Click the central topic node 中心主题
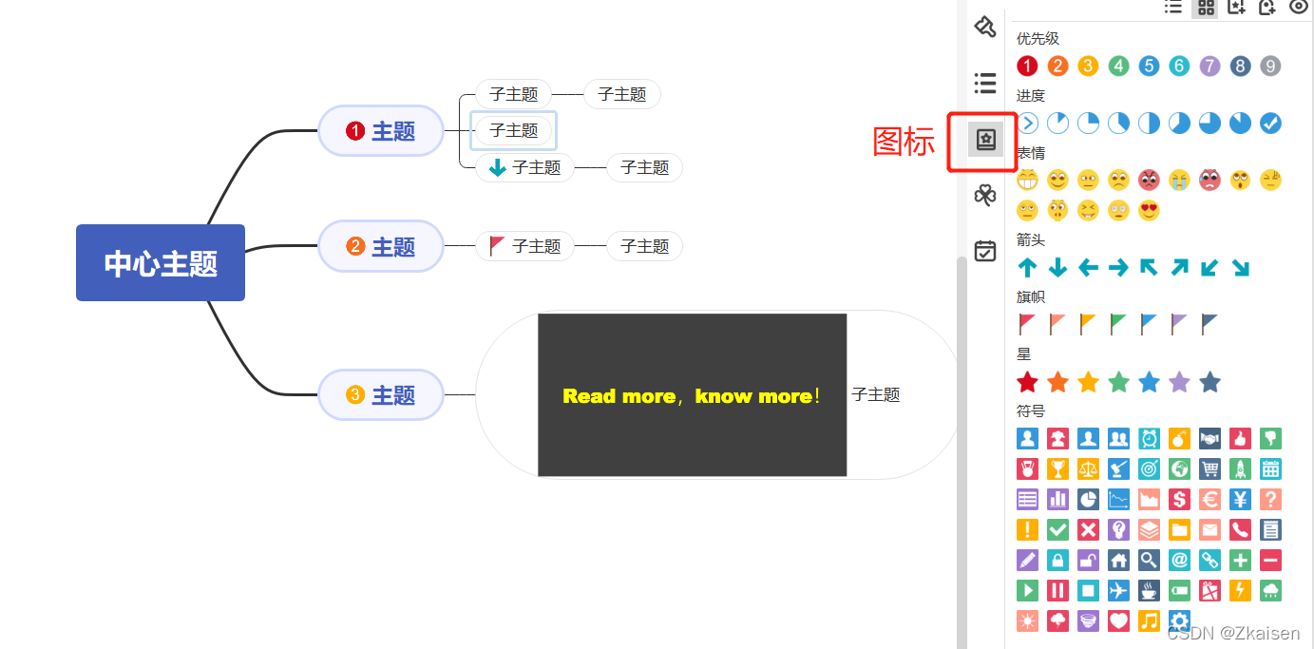pos(161,263)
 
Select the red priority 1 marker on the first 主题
pos(355,131)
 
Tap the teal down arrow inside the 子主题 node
pos(497,168)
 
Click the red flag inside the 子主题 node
pos(497,246)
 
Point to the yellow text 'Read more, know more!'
pos(692,396)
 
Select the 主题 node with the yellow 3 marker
pos(381,395)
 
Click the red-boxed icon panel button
pos(985,141)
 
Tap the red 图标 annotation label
pos(904,142)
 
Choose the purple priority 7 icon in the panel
pos(1209,66)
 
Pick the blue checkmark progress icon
pos(1270,123)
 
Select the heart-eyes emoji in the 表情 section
pos(1149,210)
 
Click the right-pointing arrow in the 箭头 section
pos(1118,268)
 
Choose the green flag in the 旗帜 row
pos(1118,324)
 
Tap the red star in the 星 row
pos(1027,382)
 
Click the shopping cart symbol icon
pos(1209,468)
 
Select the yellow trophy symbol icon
pos(1057,468)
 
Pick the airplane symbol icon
pos(1118,590)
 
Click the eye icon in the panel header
pos(1298,7)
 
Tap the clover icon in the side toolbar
pos(985,196)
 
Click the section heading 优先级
pos(1038,39)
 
